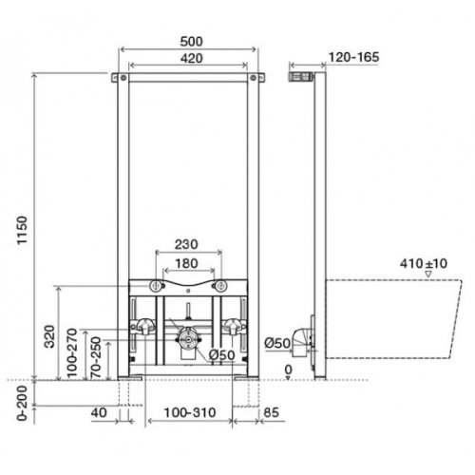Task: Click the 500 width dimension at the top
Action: coord(191,42)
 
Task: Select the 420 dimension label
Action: coord(191,59)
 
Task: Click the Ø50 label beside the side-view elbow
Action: coord(277,342)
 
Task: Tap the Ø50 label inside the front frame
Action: coord(221,356)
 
